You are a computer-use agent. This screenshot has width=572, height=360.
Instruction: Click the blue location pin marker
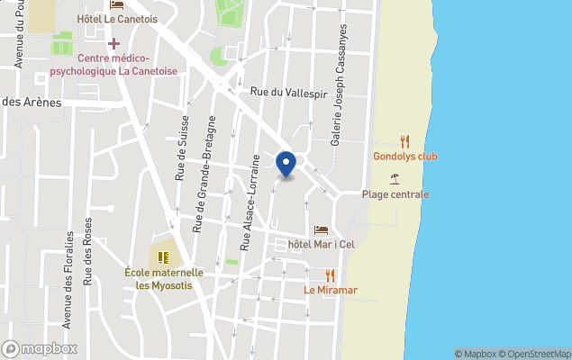pyautogui.click(x=286, y=164)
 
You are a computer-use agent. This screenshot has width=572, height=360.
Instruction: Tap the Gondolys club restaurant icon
pyautogui.click(x=405, y=141)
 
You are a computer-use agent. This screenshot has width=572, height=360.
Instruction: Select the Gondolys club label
pyautogui.click(x=404, y=157)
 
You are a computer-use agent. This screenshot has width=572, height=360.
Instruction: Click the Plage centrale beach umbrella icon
pyautogui.click(x=395, y=178)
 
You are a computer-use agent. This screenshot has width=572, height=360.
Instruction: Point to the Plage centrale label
pyautogui.click(x=395, y=194)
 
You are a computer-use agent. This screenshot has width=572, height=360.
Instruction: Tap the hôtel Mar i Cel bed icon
pyautogui.click(x=322, y=230)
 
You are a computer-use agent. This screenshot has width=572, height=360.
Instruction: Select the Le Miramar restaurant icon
pyautogui.click(x=331, y=275)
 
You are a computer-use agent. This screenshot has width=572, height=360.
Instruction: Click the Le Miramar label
pyautogui.click(x=330, y=290)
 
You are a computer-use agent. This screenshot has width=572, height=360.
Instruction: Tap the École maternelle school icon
pyautogui.click(x=163, y=256)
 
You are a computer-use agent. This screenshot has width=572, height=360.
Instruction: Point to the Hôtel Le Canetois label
pyautogui.click(x=117, y=19)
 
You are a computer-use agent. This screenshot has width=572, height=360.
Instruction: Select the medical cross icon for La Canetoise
pyautogui.click(x=113, y=43)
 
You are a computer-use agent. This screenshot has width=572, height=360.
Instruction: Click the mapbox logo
pyautogui.click(x=40, y=348)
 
